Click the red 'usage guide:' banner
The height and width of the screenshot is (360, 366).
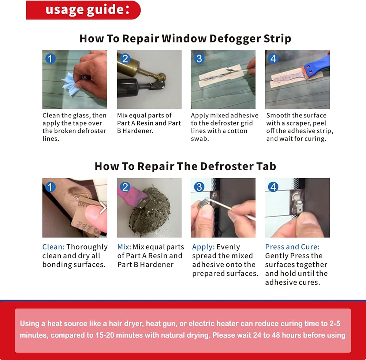pos(83,10)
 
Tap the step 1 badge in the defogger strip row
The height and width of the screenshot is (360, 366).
pos(50,59)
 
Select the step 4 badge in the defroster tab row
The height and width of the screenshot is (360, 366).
pos(273,187)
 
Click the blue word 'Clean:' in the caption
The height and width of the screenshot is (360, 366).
pos(53,247)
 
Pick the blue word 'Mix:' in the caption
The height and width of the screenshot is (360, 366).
pos(124,247)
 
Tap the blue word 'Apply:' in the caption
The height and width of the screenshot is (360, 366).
pos(203,247)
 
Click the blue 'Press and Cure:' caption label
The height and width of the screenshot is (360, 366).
pos(292,247)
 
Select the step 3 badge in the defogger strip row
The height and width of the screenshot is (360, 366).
pos(199,59)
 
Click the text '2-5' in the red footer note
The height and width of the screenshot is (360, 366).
pos(335,324)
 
